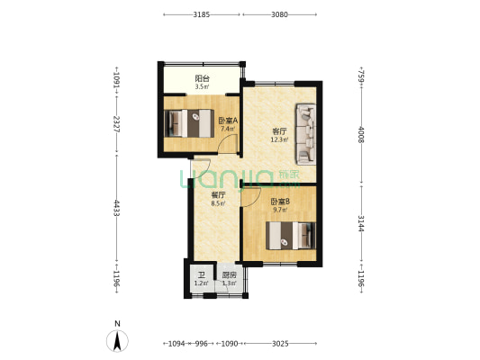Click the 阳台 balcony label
202,78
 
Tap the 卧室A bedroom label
228,121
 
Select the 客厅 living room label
279,131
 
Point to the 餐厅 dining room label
219,194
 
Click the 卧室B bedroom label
280,202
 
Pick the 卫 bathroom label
202,275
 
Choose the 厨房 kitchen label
229,275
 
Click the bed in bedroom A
189,123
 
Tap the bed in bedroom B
291,236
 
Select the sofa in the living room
305,134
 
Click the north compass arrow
117,341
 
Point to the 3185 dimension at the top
202,14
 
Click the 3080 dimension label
279,14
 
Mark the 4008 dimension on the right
361,135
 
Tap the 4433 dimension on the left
117,208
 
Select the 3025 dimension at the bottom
280,344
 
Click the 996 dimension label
202,344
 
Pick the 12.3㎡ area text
279,140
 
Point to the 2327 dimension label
117,124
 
